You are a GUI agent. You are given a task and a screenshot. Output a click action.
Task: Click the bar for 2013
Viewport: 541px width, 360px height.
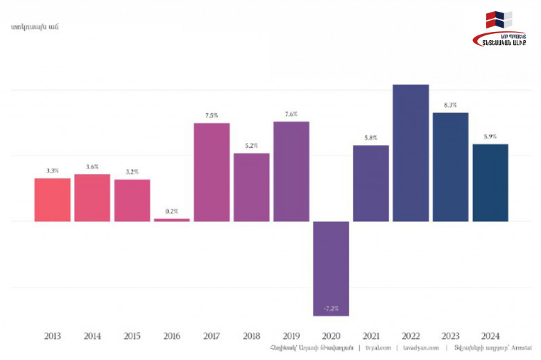[53, 200]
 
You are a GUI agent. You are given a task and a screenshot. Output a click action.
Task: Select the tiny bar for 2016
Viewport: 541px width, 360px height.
[172, 220]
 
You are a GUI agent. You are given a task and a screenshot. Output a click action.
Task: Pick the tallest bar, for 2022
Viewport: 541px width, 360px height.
[411, 153]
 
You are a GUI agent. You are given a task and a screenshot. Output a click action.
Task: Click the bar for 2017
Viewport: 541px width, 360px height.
[212, 172]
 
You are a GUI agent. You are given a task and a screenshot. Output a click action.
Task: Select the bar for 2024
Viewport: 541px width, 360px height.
[490, 182]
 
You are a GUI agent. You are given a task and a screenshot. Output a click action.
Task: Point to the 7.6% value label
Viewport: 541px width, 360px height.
[291, 114]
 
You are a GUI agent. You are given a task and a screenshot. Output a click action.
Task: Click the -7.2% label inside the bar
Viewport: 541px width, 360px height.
[331, 307]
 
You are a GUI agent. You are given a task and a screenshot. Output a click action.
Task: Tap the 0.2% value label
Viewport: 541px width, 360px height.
[172, 212]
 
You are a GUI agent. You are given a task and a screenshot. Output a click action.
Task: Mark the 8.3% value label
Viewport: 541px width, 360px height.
[450, 105]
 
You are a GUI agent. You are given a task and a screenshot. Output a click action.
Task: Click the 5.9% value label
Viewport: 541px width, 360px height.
[490, 137]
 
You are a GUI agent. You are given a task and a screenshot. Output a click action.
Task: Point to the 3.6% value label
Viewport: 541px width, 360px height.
[92, 166]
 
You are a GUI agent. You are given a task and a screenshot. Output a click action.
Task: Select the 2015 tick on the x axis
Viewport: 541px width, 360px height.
[132, 336]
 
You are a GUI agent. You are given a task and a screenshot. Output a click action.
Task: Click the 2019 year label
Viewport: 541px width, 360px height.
[291, 336]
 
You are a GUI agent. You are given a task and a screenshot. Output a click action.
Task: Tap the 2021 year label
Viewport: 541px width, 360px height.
[371, 336]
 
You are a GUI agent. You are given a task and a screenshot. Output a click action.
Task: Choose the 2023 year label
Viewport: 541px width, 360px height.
[450, 336]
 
